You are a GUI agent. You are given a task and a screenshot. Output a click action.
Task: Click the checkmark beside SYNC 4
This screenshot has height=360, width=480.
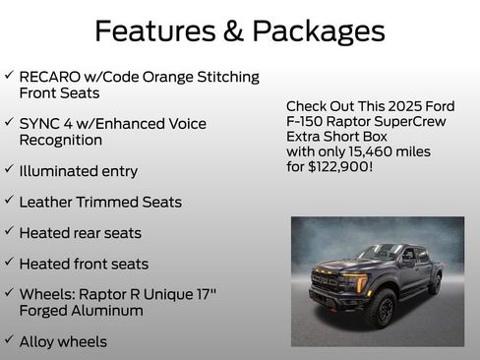[x=9, y=123]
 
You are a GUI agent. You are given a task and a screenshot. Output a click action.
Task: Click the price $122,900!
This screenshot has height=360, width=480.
[x=343, y=168]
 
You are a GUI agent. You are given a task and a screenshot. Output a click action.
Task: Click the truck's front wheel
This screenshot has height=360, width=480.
[x=381, y=309]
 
